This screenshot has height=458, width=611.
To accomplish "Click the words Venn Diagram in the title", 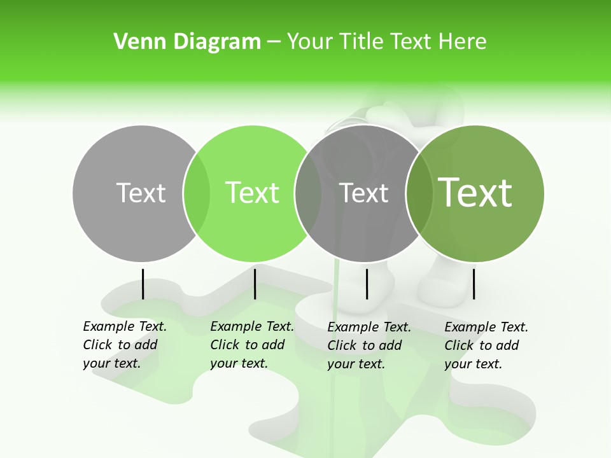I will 187,42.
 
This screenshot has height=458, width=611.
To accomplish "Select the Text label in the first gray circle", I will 141,193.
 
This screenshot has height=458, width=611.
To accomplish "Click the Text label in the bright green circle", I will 252,193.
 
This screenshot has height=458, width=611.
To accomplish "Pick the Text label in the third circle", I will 363,193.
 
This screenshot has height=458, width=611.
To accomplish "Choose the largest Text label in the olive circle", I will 475,193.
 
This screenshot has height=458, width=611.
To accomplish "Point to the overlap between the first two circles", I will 197,193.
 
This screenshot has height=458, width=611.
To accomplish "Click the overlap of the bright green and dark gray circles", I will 308,193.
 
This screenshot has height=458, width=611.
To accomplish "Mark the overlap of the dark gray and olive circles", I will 419,193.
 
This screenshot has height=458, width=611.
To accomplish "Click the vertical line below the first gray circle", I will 143,284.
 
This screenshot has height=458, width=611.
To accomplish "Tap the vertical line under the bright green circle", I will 255,284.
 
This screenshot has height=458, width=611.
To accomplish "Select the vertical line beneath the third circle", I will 367,284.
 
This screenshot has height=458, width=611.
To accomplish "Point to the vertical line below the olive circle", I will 474,284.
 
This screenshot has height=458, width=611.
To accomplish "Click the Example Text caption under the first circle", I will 125,345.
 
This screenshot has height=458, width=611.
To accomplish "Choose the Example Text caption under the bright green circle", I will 252,345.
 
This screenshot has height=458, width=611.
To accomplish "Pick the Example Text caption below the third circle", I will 369,345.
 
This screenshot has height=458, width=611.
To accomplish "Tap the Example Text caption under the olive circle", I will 486,345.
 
